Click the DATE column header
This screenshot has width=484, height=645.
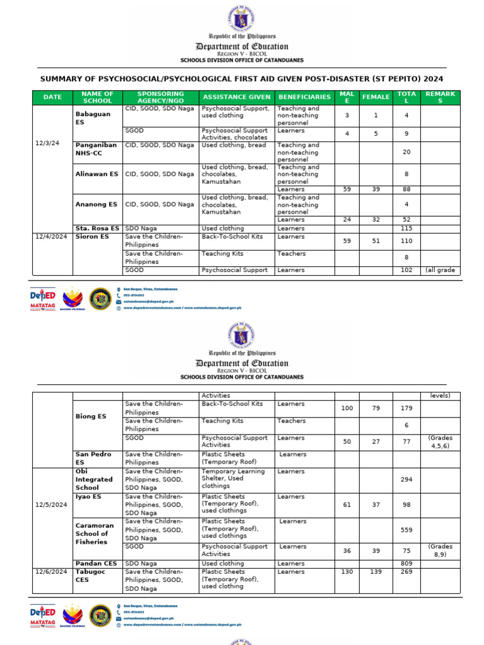point(52,98)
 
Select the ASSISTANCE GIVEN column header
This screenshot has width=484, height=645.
point(236,98)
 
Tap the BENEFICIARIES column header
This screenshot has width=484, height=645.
point(304,98)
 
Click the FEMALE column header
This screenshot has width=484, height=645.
point(376,98)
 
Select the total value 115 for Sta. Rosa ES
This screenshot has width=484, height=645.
point(406,229)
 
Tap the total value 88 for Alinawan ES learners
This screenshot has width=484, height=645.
point(406,189)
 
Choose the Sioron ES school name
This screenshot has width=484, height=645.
point(92,237)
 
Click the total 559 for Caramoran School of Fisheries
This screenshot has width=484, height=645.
point(406,530)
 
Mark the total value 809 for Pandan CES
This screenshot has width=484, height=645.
point(406,564)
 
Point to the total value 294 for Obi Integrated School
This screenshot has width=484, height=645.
point(406,479)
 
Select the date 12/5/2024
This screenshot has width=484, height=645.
point(51,505)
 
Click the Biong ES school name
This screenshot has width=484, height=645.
point(89,416)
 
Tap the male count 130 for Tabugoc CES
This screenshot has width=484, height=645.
point(347,572)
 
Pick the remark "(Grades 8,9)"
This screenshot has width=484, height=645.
point(441,551)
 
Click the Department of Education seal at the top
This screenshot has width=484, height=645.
point(241,17)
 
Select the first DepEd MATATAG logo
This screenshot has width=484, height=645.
point(43,299)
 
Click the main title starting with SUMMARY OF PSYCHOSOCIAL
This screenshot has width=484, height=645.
point(241,79)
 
